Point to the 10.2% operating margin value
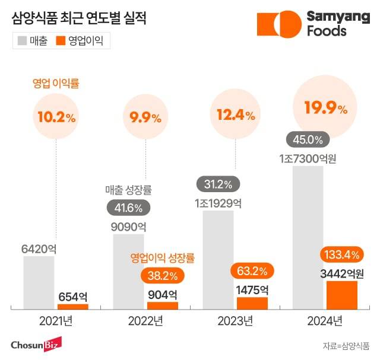(56, 117)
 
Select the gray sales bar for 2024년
(308, 237)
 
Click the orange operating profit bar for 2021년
(72, 306)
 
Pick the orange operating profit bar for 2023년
(252, 302)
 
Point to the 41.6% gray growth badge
(128, 208)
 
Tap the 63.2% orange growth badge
(252, 271)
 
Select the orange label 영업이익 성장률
(163, 258)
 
